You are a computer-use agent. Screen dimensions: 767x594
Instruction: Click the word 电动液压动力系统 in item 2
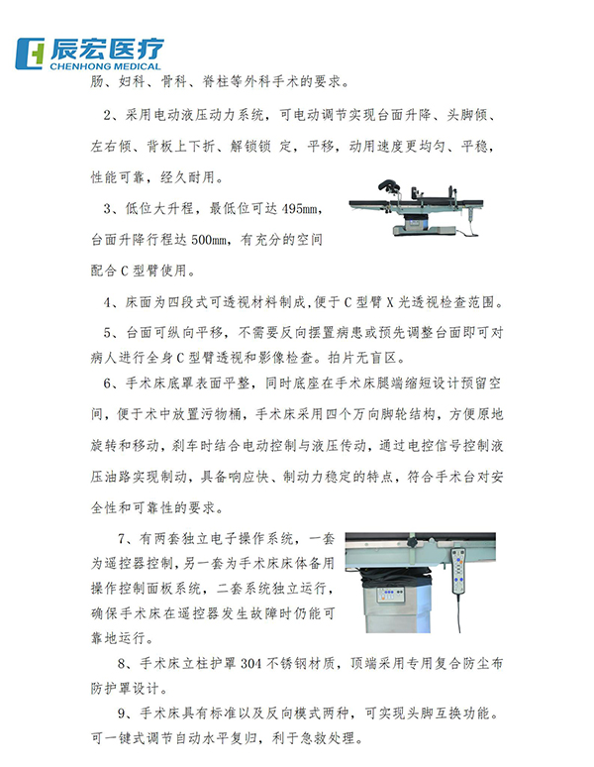click(x=204, y=116)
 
